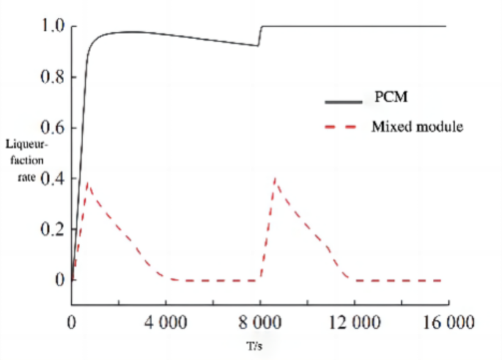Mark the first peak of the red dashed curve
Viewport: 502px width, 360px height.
tap(88, 183)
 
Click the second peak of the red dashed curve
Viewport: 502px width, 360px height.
tap(275, 178)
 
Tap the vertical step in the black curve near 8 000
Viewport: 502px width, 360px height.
tap(260, 36)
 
